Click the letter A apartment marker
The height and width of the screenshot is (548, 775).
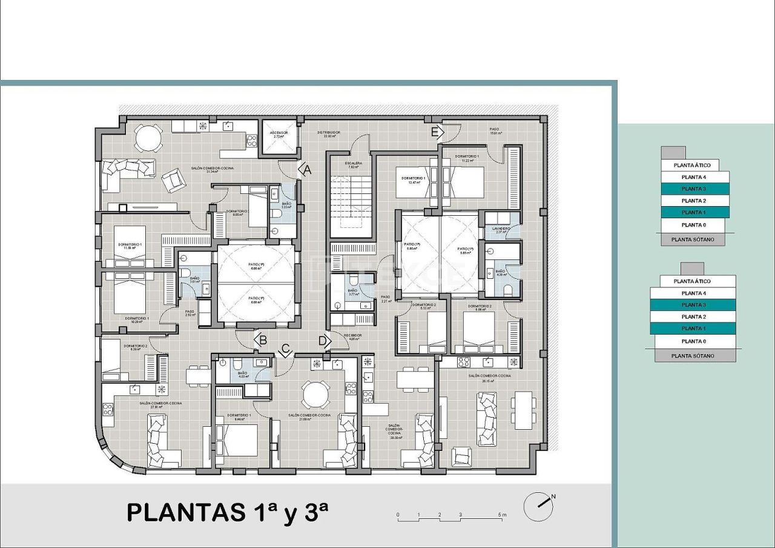click(x=307, y=170)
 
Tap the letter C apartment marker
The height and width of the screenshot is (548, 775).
click(x=285, y=350)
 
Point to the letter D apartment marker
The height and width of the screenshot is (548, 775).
click(x=325, y=341)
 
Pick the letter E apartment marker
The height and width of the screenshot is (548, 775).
click(x=435, y=132)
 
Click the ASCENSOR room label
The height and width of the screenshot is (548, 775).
click(x=279, y=133)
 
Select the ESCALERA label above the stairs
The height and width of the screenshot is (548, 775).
click(x=354, y=163)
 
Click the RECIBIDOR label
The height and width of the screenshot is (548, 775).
click(x=353, y=336)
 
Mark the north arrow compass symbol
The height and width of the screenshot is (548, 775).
click(x=538, y=506)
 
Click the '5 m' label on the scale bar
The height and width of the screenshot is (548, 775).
click(x=502, y=515)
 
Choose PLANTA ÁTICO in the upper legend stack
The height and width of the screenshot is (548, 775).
click(x=690, y=165)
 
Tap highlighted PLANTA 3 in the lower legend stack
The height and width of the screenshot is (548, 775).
click(x=693, y=305)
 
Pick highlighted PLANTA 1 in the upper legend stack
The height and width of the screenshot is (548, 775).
click(x=694, y=212)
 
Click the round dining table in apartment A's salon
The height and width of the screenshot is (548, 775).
click(x=148, y=138)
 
